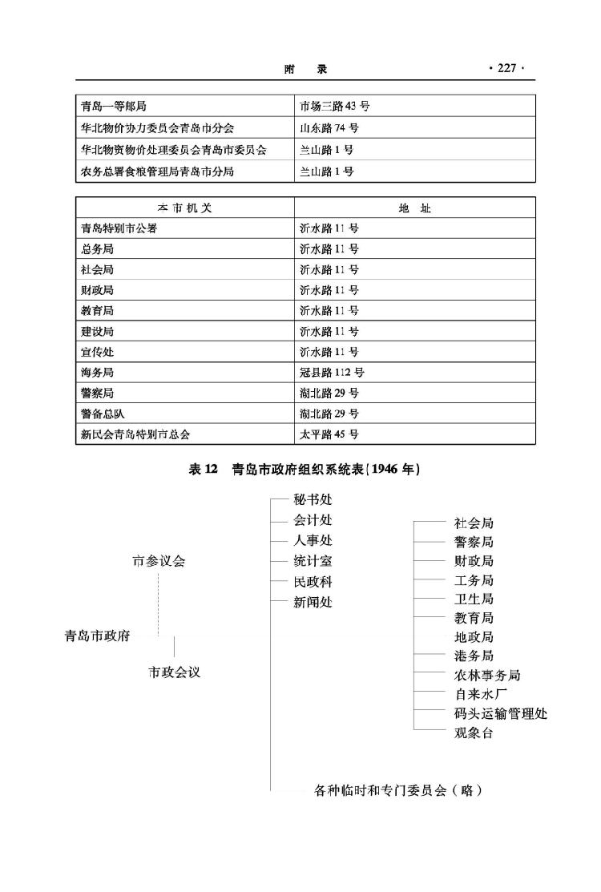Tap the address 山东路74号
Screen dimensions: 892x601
329,128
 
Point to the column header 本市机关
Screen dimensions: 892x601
184,208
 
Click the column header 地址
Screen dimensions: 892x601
414,208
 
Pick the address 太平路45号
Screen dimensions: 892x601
329,434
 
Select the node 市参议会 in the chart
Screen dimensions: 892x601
158,561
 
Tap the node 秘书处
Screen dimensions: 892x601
313,500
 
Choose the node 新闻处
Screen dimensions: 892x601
313,602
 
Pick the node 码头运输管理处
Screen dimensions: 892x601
501,713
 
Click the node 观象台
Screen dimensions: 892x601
474,733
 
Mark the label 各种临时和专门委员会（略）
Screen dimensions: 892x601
397,790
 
